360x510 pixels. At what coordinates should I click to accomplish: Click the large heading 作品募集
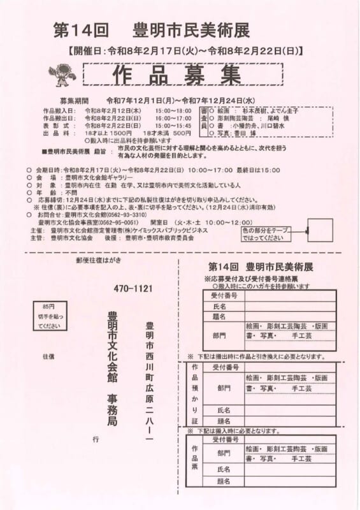(178, 75)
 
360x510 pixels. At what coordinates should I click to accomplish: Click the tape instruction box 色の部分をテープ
(265, 234)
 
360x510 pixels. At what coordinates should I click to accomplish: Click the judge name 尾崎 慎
(272, 118)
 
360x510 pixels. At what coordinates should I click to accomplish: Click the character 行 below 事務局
(96, 439)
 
